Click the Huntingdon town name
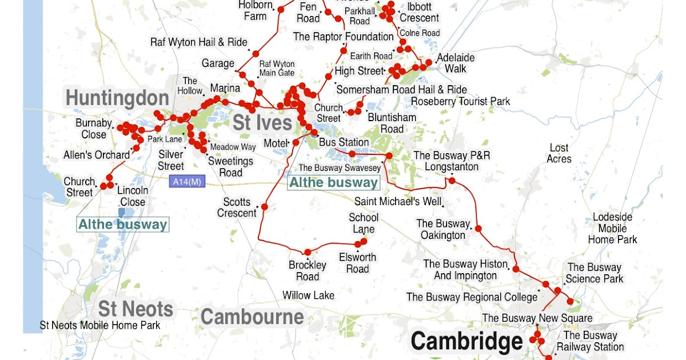pyautogui.click(x=117, y=98)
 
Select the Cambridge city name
pyautogui.click(x=466, y=342)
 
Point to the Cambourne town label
pyautogui.click(x=252, y=317)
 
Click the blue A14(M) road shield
pyautogui.click(x=186, y=182)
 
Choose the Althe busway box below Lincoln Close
pyautogui.click(x=123, y=225)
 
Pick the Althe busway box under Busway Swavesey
pyautogui.click(x=333, y=183)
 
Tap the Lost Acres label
pyautogui.click(x=559, y=153)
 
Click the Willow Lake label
pyautogui.click(x=308, y=295)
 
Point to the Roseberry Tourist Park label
pyautogui.click(x=460, y=102)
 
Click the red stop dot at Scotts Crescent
pyautogui.click(x=265, y=207)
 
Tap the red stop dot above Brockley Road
pyautogui.click(x=308, y=252)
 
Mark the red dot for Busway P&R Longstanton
pyautogui.click(x=452, y=181)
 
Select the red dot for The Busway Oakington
pyautogui.click(x=479, y=229)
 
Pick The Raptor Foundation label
pyautogui.click(x=343, y=37)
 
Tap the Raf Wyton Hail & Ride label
pyautogui.click(x=198, y=42)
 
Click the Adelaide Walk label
pyautogui.click(x=456, y=63)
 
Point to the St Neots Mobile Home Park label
pyautogui.click(x=100, y=325)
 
